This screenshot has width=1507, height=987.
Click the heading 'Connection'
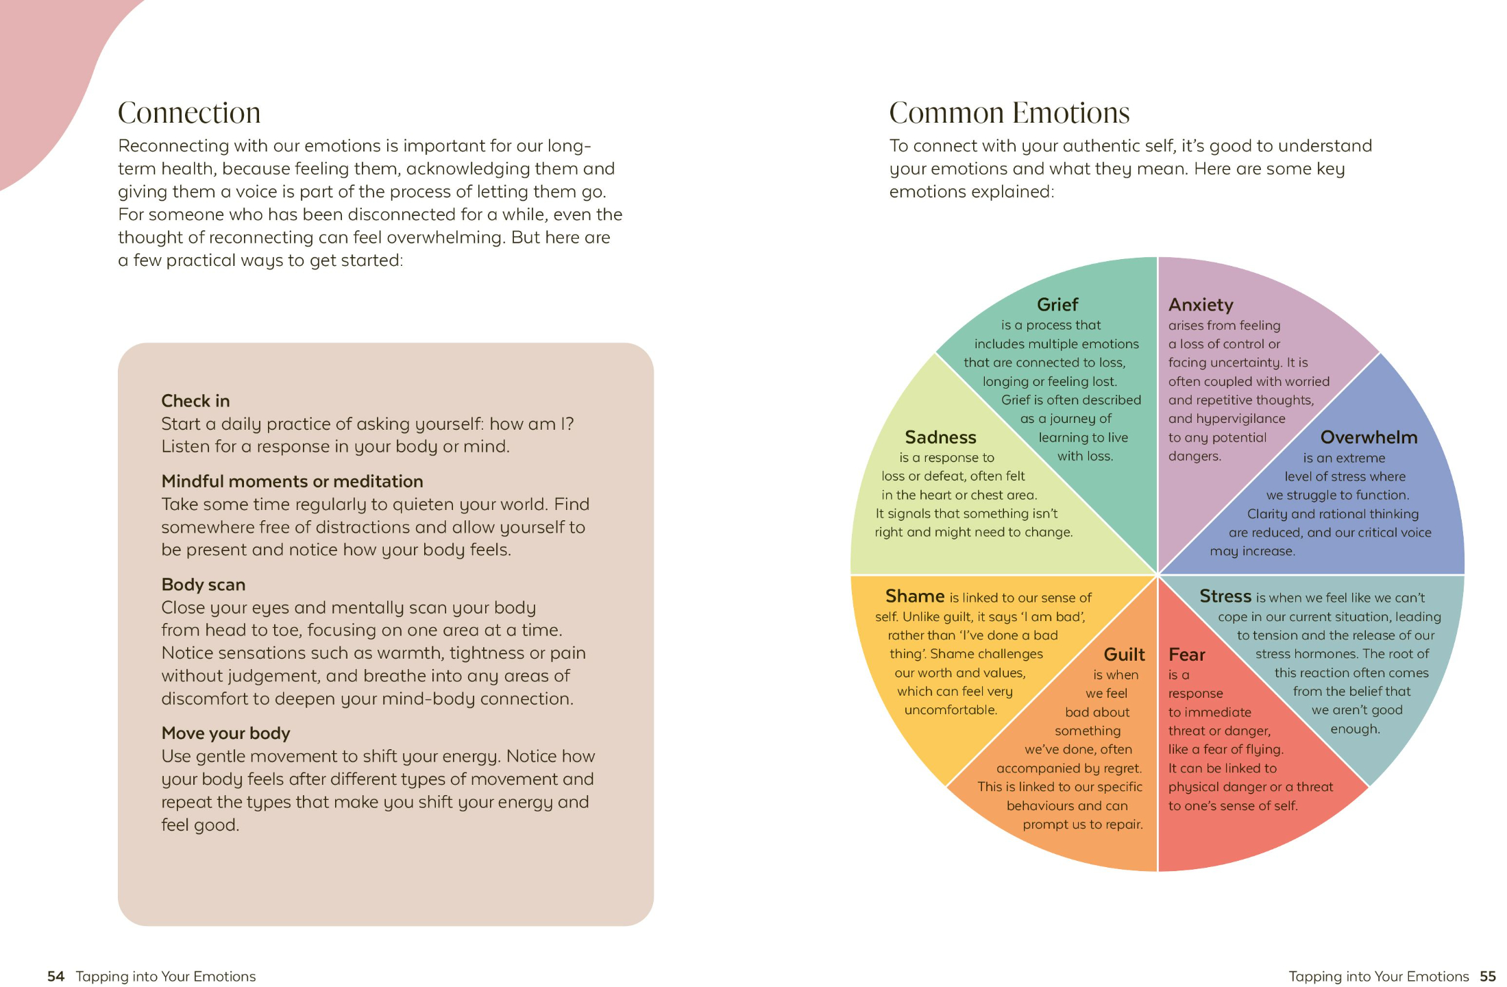point(189,113)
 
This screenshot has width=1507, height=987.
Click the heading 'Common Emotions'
point(1009,113)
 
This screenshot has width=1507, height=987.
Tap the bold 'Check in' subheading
point(195,401)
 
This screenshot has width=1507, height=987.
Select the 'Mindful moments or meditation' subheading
point(292,481)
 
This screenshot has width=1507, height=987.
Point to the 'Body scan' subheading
point(203,585)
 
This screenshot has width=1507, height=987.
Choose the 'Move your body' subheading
point(225,733)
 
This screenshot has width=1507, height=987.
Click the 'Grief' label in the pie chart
point(1057,305)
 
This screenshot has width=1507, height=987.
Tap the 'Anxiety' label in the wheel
point(1200,305)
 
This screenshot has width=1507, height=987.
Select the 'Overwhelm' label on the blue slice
point(1368,437)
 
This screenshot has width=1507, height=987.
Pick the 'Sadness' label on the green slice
point(940,437)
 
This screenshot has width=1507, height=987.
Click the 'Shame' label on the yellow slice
point(914,596)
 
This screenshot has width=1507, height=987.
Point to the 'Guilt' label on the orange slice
point(1124,655)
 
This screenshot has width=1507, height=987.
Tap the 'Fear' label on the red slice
point(1186,655)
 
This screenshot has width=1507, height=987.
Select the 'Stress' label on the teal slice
point(1225,596)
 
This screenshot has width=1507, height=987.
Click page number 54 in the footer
point(56,976)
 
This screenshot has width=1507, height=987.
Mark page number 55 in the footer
point(1487,976)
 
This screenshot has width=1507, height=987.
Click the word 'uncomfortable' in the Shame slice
point(950,710)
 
